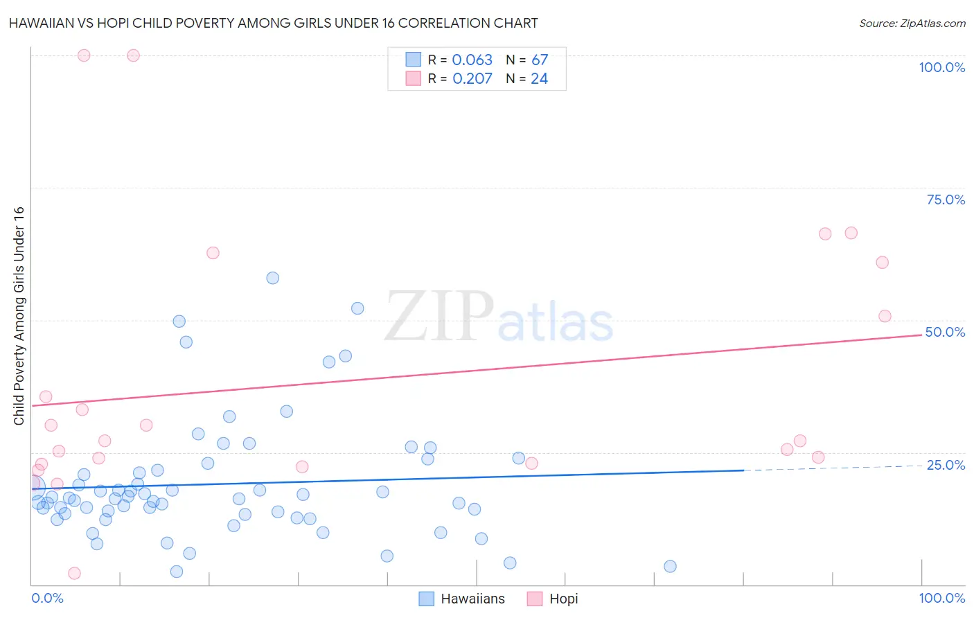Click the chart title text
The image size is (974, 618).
click(x=273, y=23)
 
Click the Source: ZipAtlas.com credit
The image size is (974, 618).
click(x=912, y=24)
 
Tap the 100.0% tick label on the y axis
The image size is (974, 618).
click(x=941, y=67)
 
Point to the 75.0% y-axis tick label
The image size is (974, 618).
click(x=946, y=200)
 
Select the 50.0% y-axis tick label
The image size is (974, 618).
click(x=945, y=332)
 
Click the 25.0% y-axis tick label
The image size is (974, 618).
click(x=946, y=465)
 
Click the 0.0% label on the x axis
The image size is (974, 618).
click(x=47, y=598)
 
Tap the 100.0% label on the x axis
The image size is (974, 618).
click(x=941, y=598)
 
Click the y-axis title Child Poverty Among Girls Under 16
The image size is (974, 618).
click(x=19, y=316)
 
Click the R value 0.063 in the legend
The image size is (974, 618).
click(x=472, y=60)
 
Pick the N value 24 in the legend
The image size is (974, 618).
click(x=539, y=79)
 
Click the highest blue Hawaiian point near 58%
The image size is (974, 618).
click(x=273, y=278)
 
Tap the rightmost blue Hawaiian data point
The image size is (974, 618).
click(x=670, y=566)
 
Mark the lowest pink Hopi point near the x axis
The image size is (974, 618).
click(x=74, y=573)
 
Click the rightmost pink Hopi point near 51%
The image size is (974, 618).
click(x=885, y=316)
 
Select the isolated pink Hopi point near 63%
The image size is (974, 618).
click(x=213, y=253)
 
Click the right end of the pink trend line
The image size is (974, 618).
click(x=921, y=335)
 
